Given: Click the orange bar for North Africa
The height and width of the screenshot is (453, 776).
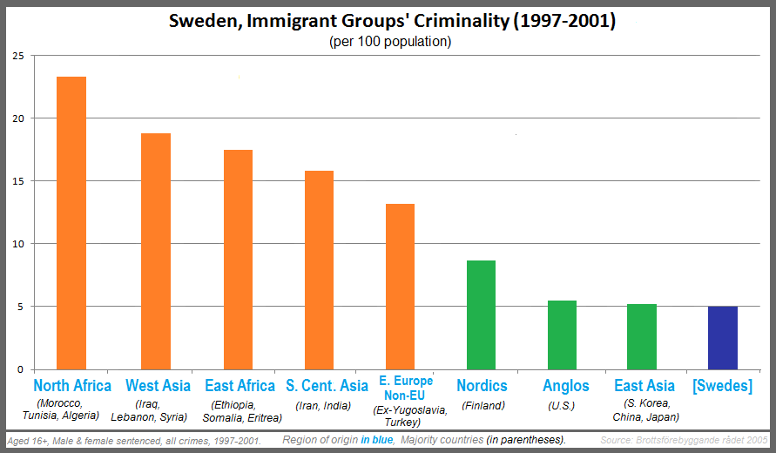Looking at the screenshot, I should tap(71, 223).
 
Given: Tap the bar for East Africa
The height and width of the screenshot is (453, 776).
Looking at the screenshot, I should tap(238, 260).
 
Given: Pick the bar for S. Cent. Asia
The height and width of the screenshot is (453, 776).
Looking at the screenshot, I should tap(319, 270).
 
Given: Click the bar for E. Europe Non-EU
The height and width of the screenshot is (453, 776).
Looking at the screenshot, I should tap(400, 287).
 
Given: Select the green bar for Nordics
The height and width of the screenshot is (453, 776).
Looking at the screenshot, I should tap(481, 314).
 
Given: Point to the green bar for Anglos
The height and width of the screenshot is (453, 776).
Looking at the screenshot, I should tap(562, 335).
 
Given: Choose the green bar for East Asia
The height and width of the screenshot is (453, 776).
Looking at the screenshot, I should tap(642, 336).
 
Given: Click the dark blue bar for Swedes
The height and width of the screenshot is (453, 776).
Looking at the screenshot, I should tap(723, 337).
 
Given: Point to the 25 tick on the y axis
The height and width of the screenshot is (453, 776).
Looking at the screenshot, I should tap(17, 56).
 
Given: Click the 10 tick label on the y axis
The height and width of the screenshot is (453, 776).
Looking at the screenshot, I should tap(17, 244).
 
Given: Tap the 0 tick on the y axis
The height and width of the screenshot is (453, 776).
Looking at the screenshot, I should tap(19, 369).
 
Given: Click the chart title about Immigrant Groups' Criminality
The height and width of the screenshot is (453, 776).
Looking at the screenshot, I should tap(392, 21).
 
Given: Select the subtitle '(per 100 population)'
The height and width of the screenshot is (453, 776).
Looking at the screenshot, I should tap(391, 42).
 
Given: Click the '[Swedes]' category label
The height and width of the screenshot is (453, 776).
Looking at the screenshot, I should tap(722, 386).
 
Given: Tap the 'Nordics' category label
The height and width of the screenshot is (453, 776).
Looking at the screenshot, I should tap(482, 386).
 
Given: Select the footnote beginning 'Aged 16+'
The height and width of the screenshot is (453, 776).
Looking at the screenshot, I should tap(134, 441).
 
